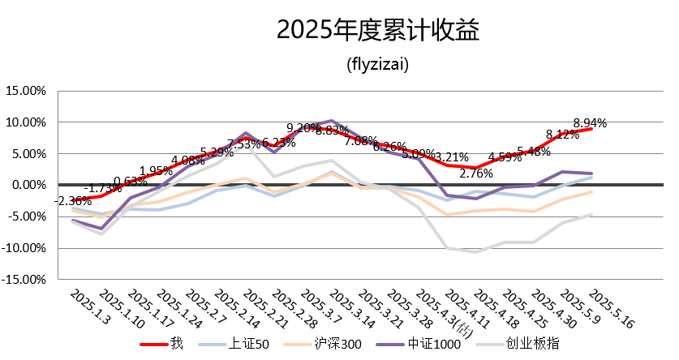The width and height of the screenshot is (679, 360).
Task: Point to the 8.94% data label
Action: pos(590,123)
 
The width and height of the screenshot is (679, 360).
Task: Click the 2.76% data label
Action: pos(476,173)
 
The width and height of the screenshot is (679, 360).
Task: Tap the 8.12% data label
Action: pos(562,135)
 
